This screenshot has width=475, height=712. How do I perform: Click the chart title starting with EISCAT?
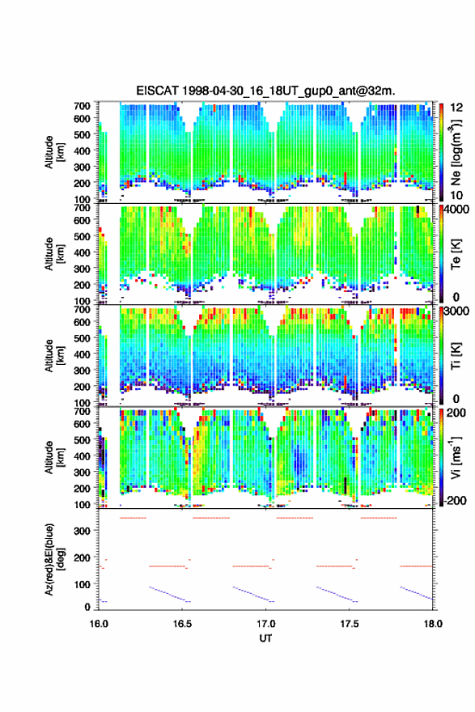(x=265, y=91)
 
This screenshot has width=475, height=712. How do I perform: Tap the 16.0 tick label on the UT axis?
(x=99, y=624)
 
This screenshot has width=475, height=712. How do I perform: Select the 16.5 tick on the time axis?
(x=182, y=624)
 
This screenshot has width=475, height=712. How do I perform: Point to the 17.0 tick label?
(x=265, y=624)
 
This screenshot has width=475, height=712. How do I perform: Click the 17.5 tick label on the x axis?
(x=350, y=624)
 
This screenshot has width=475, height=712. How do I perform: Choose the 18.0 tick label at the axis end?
(x=433, y=624)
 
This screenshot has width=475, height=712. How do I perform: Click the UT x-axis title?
(x=265, y=638)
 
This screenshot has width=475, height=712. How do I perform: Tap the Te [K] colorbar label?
(x=456, y=254)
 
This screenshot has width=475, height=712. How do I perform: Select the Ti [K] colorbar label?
(x=456, y=356)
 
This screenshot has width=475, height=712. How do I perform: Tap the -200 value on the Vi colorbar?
(x=456, y=500)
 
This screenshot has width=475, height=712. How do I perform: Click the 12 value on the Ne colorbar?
(x=456, y=108)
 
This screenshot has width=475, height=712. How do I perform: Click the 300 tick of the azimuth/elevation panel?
(x=82, y=531)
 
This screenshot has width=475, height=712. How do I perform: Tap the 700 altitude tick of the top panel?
(x=82, y=106)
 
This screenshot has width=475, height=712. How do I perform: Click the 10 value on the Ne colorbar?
(x=456, y=195)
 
